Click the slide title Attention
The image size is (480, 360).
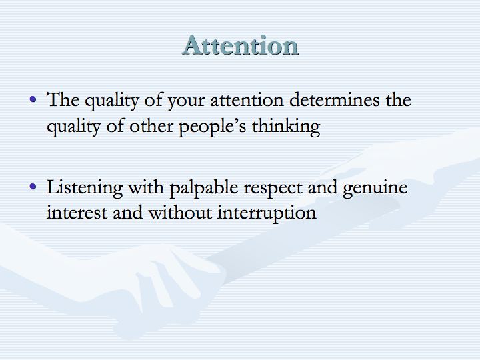tap(240, 45)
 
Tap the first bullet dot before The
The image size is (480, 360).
tap(33, 99)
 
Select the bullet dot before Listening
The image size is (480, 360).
tap(33, 186)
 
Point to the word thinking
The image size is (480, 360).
tap(286, 127)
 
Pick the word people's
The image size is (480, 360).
tap(212, 127)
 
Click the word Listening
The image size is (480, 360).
tap(85, 187)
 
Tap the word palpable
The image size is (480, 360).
tap(204, 187)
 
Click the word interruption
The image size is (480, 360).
tap(267, 214)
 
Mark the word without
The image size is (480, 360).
tap(180, 212)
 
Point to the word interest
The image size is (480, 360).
tap(77, 213)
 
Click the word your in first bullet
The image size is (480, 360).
tap(186, 102)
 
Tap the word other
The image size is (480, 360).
tap(151, 125)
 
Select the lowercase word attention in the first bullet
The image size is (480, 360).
tap(247, 101)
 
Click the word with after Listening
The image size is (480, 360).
tap(146, 187)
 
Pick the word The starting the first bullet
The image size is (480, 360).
tap(63, 99)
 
